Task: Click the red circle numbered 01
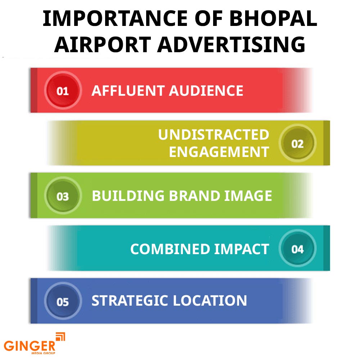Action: (x=63, y=91)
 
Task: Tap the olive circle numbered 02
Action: (x=297, y=144)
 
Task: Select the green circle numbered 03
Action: (x=63, y=197)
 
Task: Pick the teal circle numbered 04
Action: (x=297, y=249)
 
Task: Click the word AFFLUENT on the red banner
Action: (x=128, y=91)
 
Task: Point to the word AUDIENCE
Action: (x=207, y=91)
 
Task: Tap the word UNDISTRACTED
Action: (x=213, y=135)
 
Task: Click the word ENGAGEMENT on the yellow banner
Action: (x=219, y=152)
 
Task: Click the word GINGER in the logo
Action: (x=30, y=346)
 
